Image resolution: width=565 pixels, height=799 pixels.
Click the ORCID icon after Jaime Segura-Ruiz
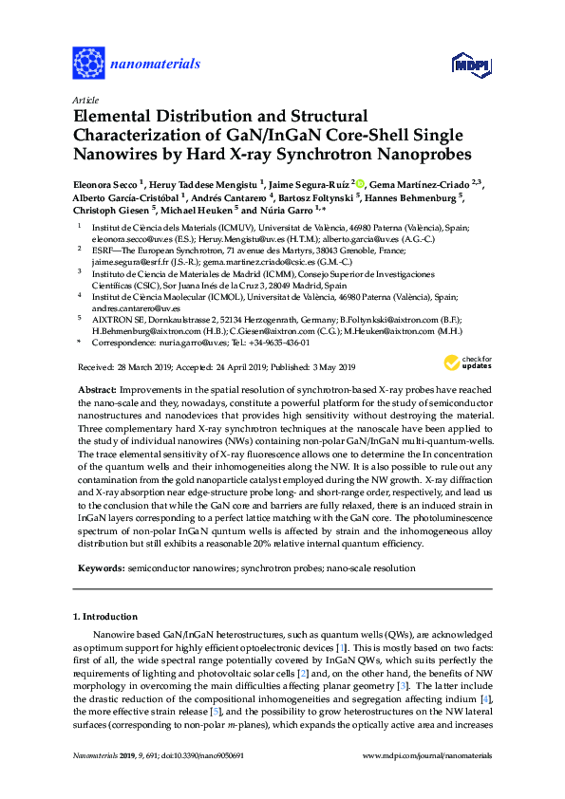click(x=360, y=182)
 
